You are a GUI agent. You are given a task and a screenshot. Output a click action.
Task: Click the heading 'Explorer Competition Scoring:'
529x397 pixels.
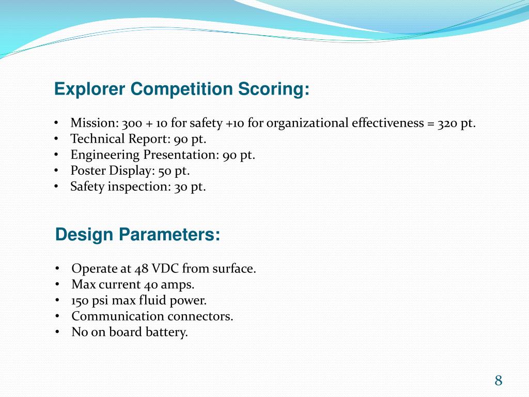click(x=182, y=89)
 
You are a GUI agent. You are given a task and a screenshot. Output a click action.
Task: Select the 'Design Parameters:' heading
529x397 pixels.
click(x=137, y=235)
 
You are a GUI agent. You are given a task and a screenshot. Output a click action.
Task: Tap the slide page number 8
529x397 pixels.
click(x=498, y=381)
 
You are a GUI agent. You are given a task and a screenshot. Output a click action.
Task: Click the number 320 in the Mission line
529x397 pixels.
click(x=447, y=123)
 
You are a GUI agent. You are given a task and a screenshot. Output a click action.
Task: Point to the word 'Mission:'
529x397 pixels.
click(x=94, y=123)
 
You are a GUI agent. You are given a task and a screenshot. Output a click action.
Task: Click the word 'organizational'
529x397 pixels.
click(x=308, y=123)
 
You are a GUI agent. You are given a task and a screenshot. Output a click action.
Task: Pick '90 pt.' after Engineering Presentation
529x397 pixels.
click(x=239, y=155)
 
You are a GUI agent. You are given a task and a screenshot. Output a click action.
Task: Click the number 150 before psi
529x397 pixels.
click(x=80, y=301)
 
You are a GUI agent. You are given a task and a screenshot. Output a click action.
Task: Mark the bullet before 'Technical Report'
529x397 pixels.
click(x=56, y=139)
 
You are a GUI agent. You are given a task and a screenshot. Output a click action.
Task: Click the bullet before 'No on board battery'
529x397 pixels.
click(x=57, y=332)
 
